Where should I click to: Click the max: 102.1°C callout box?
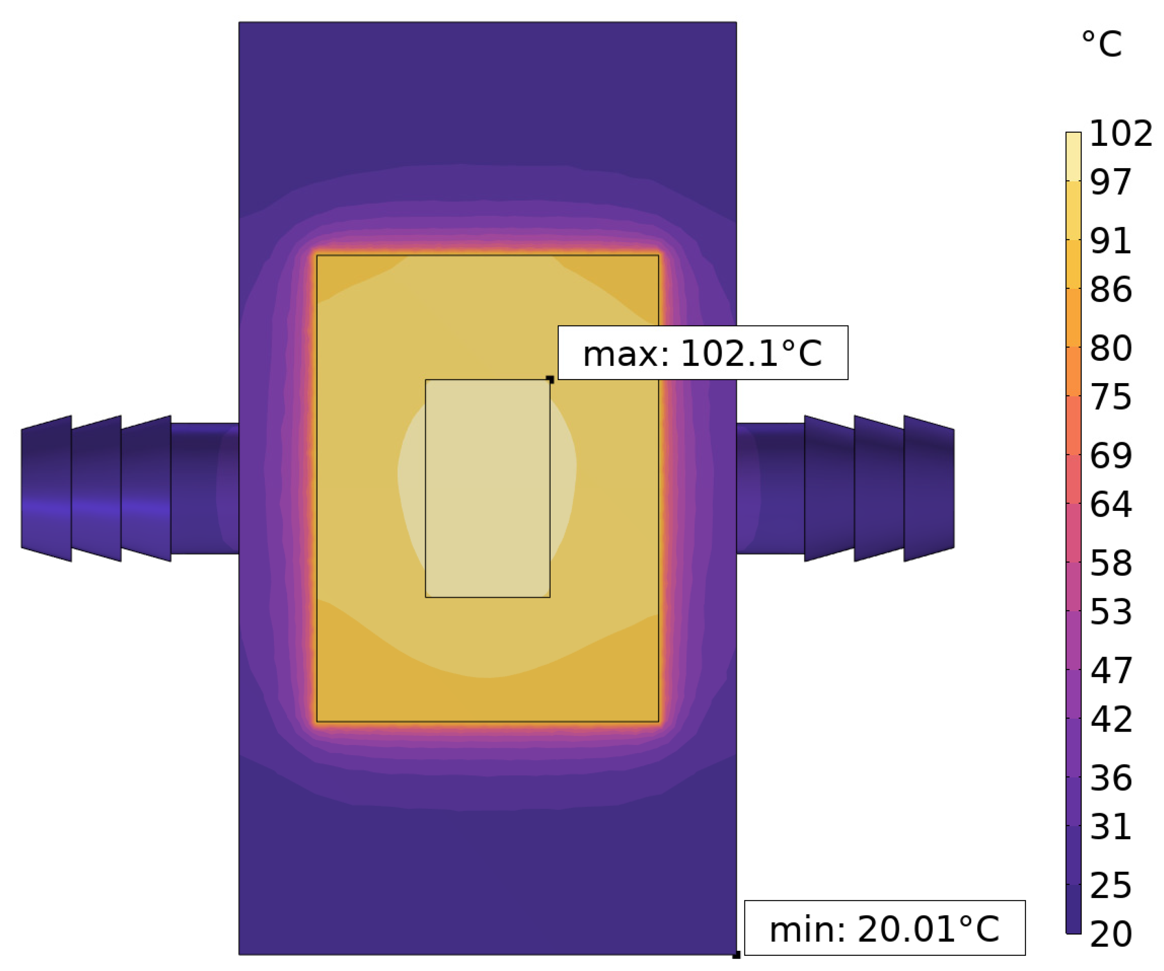(703, 353)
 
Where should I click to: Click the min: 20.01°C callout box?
(885, 928)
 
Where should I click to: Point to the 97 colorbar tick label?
(1110, 182)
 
